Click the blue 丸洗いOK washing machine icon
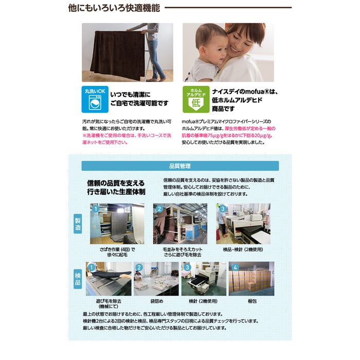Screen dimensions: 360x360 95,99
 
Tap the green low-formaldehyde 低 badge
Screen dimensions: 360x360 196,99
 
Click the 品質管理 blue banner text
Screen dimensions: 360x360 180,166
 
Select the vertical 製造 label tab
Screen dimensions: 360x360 78,224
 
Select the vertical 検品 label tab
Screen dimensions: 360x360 78,279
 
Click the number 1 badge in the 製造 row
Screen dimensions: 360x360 96,209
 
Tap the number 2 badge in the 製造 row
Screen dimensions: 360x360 159,209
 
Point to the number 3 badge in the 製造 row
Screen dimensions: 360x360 222,209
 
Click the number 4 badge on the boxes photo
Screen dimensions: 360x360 235,267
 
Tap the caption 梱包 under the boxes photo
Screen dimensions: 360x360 252,301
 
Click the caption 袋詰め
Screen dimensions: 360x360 157,301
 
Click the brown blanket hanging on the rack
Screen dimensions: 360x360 118,55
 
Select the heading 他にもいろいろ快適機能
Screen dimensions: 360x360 114,8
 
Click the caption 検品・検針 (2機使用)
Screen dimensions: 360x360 243,249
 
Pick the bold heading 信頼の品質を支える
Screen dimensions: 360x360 116,183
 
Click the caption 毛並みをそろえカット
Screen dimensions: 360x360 183,249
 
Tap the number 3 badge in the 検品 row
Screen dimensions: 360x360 187,267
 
